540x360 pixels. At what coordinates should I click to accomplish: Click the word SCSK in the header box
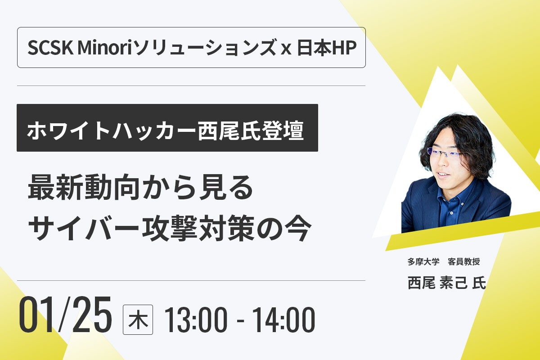[x=50, y=48]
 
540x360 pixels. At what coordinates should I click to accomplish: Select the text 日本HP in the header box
[x=327, y=48]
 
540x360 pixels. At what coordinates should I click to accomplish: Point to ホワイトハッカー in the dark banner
[x=111, y=130]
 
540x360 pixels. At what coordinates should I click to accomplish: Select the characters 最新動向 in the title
[x=84, y=187]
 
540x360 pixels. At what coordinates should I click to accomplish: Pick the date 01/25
[x=65, y=315]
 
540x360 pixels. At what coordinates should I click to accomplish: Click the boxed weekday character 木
[x=138, y=320]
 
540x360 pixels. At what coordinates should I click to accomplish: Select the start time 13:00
[x=196, y=320]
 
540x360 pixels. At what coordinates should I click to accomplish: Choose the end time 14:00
[x=283, y=320]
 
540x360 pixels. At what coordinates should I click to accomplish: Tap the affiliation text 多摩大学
[x=423, y=261]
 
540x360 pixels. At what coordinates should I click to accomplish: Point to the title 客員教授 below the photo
[x=463, y=261]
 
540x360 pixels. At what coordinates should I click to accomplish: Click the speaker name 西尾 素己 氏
[x=446, y=283]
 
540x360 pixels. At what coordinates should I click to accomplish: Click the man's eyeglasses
[x=445, y=153]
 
